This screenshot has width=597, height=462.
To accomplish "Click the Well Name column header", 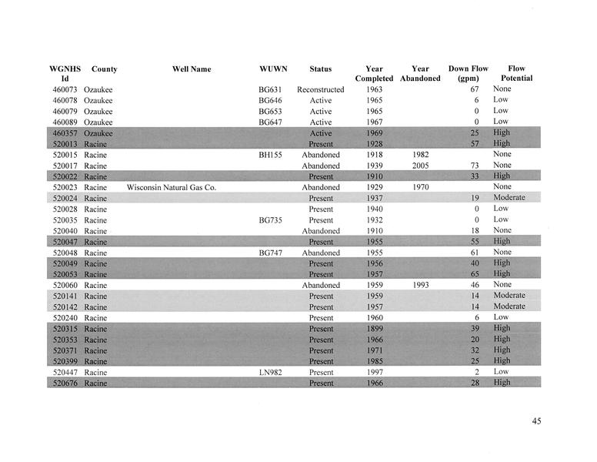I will (x=192, y=69).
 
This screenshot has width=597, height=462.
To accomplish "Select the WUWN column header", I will (x=273, y=69).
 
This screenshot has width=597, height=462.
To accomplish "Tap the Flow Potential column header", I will (x=516, y=73).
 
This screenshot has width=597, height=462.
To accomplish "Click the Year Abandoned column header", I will (x=420, y=73).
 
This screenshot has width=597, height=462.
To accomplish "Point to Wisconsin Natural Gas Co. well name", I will (x=172, y=187).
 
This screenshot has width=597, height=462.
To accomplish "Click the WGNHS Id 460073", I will (x=65, y=90).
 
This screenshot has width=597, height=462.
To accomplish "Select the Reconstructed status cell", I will (x=320, y=90).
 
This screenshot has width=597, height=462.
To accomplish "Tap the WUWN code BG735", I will (x=270, y=220).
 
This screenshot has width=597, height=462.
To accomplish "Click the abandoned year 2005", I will (x=420, y=166).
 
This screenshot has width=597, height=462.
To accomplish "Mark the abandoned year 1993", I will (x=420, y=285).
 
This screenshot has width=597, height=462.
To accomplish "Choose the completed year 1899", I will (x=375, y=329).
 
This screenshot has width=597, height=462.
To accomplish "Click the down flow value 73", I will (x=474, y=166).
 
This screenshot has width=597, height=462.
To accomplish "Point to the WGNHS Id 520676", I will (x=65, y=383).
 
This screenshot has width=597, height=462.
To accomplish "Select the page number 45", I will (x=536, y=420).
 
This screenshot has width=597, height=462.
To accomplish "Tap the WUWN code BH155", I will (x=270, y=155).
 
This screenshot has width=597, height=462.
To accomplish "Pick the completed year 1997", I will (x=375, y=372).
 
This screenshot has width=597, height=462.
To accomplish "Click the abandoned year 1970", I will (x=420, y=187).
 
